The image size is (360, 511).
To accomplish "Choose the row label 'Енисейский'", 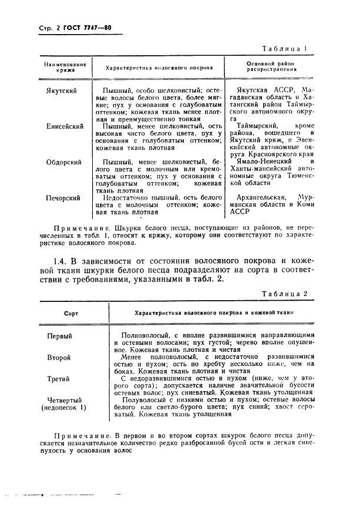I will [65, 126].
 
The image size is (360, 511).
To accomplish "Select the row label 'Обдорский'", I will [64, 162].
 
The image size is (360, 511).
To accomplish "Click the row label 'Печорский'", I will [63, 198].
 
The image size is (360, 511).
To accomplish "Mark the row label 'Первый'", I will [59, 336].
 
